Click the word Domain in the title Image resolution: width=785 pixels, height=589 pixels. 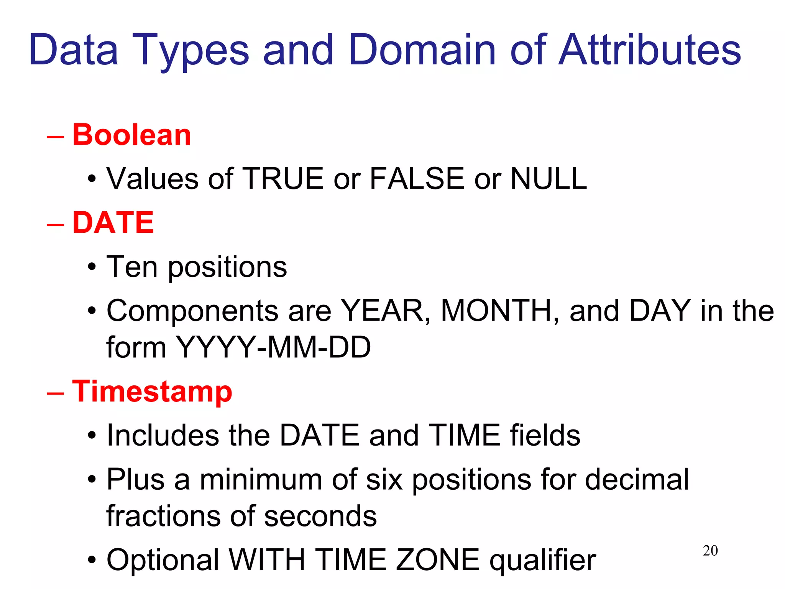[x=422, y=50]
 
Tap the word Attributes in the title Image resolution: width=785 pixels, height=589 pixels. [x=649, y=50]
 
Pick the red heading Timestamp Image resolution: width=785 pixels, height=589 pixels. [x=152, y=392]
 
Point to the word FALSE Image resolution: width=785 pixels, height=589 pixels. [x=417, y=179]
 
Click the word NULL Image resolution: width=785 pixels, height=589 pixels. [x=549, y=179]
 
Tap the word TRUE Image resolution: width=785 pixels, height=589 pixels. [x=283, y=179]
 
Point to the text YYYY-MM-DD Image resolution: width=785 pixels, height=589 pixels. [x=273, y=347]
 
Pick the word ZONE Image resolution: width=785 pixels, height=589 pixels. [x=437, y=560]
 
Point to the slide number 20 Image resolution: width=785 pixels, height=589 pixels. [x=710, y=551]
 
